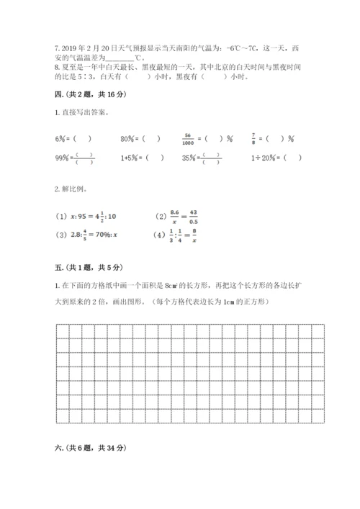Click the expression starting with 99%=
tap(73, 158)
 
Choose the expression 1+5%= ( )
tap(141, 158)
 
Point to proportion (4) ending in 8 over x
tap(176, 234)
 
